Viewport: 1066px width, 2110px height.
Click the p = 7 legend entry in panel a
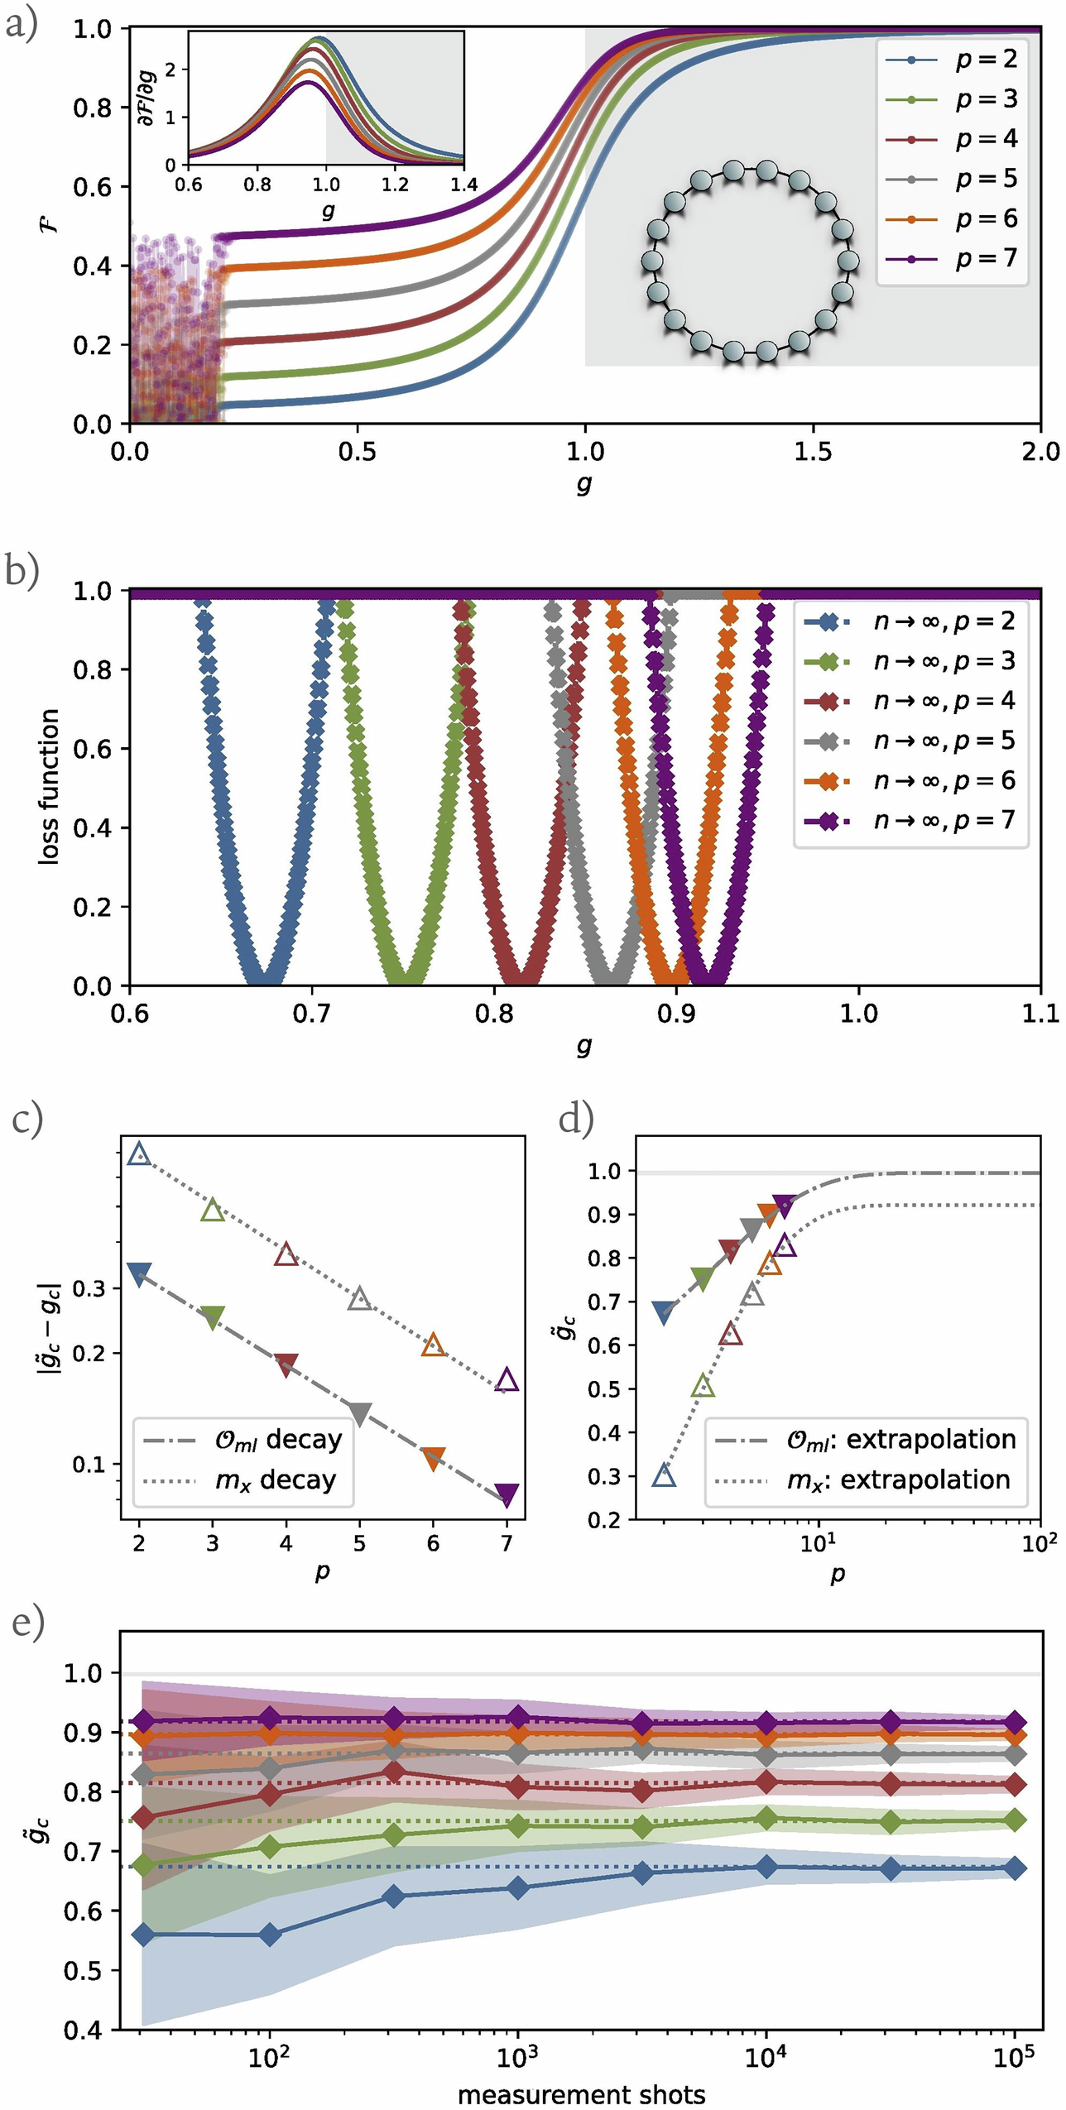(952, 259)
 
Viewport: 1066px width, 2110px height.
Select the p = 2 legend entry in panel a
(952, 60)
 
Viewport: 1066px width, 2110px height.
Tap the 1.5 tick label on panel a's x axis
(813, 452)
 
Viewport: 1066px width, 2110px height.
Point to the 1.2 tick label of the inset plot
(395, 184)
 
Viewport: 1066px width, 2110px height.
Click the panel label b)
(22, 571)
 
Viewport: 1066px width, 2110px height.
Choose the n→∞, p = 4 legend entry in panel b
(910, 701)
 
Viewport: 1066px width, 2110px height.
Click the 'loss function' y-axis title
(50, 787)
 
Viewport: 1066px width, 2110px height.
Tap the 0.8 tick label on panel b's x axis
(494, 1014)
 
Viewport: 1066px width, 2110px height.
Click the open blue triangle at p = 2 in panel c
(139, 1153)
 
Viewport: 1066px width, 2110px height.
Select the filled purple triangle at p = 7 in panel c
(507, 1494)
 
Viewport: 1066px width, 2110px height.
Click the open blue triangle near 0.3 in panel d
(664, 1475)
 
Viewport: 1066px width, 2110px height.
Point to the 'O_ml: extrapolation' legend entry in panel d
(865, 1439)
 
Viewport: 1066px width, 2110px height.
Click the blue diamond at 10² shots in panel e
(270, 1935)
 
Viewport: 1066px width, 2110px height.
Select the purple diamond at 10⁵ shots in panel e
(1015, 1724)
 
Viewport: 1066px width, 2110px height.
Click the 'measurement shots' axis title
(581, 2088)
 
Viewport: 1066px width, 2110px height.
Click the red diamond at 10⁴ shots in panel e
(766, 1782)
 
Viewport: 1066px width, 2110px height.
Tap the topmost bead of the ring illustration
(733, 171)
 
